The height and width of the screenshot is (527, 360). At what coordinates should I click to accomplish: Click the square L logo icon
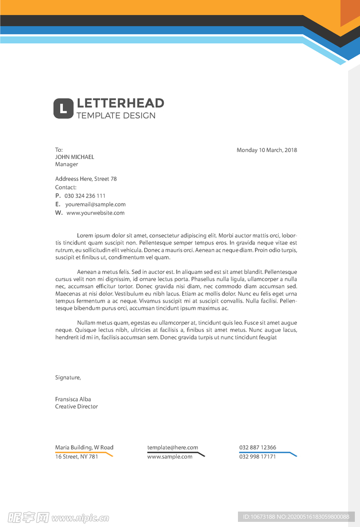63,108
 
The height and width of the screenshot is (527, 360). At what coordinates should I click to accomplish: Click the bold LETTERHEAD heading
120,103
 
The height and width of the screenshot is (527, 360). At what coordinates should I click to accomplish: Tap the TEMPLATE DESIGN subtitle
116,116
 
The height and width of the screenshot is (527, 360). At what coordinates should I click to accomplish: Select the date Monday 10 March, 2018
267,150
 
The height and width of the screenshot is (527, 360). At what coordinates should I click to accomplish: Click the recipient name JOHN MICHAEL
75,157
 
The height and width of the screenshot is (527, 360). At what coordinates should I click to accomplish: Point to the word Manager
66,164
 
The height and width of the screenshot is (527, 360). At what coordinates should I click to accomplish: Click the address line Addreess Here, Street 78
86,179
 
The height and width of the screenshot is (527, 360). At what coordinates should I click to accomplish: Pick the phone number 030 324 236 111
85,196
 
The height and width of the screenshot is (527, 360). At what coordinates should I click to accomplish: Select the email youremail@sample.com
95,204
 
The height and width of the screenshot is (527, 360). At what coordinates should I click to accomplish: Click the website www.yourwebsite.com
95,213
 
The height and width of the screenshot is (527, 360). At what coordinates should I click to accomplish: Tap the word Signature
68,377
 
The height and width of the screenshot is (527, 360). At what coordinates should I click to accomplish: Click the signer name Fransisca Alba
73,399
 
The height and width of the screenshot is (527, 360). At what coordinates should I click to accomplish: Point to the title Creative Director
76,407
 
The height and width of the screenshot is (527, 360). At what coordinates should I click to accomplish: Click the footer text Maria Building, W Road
84,447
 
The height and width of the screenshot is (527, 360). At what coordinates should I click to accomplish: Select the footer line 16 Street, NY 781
76,456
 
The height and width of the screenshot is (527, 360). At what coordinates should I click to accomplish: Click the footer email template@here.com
173,447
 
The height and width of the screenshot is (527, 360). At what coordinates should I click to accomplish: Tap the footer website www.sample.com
170,456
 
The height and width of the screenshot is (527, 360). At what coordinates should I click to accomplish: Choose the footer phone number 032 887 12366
258,447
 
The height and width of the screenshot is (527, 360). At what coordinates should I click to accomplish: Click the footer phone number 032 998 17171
258,456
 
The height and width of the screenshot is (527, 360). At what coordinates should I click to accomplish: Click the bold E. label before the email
58,204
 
